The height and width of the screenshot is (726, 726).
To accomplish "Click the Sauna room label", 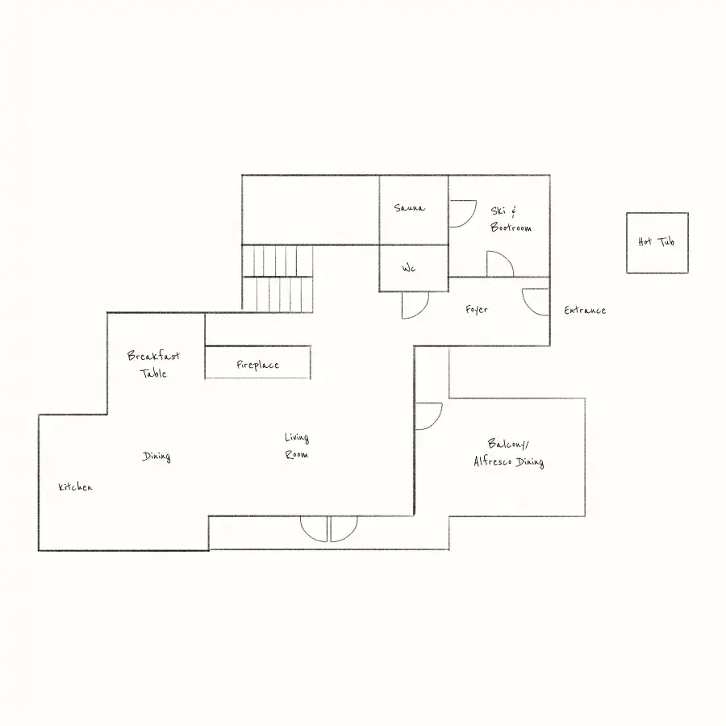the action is pyautogui.click(x=409, y=208).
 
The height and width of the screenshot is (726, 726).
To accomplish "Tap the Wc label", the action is pyautogui.click(x=409, y=268).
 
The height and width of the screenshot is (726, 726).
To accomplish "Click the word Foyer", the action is pyautogui.click(x=477, y=309).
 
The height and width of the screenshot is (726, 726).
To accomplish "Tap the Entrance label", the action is pyautogui.click(x=585, y=311).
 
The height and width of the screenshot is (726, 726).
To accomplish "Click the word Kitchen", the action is pyautogui.click(x=76, y=486).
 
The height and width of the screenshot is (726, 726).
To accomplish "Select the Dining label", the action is pyautogui.click(x=156, y=457).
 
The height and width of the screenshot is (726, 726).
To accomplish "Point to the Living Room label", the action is pyautogui.click(x=297, y=445).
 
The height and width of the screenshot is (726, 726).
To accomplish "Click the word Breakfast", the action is pyautogui.click(x=153, y=356).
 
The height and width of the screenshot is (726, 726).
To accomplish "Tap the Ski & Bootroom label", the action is pyautogui.click(x=511, y=219).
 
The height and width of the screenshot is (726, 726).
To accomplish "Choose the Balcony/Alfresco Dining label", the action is pyautogui.click(x=508, y=453).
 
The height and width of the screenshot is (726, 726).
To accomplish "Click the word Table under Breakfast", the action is pyautogui.click(x=153, y=373).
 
